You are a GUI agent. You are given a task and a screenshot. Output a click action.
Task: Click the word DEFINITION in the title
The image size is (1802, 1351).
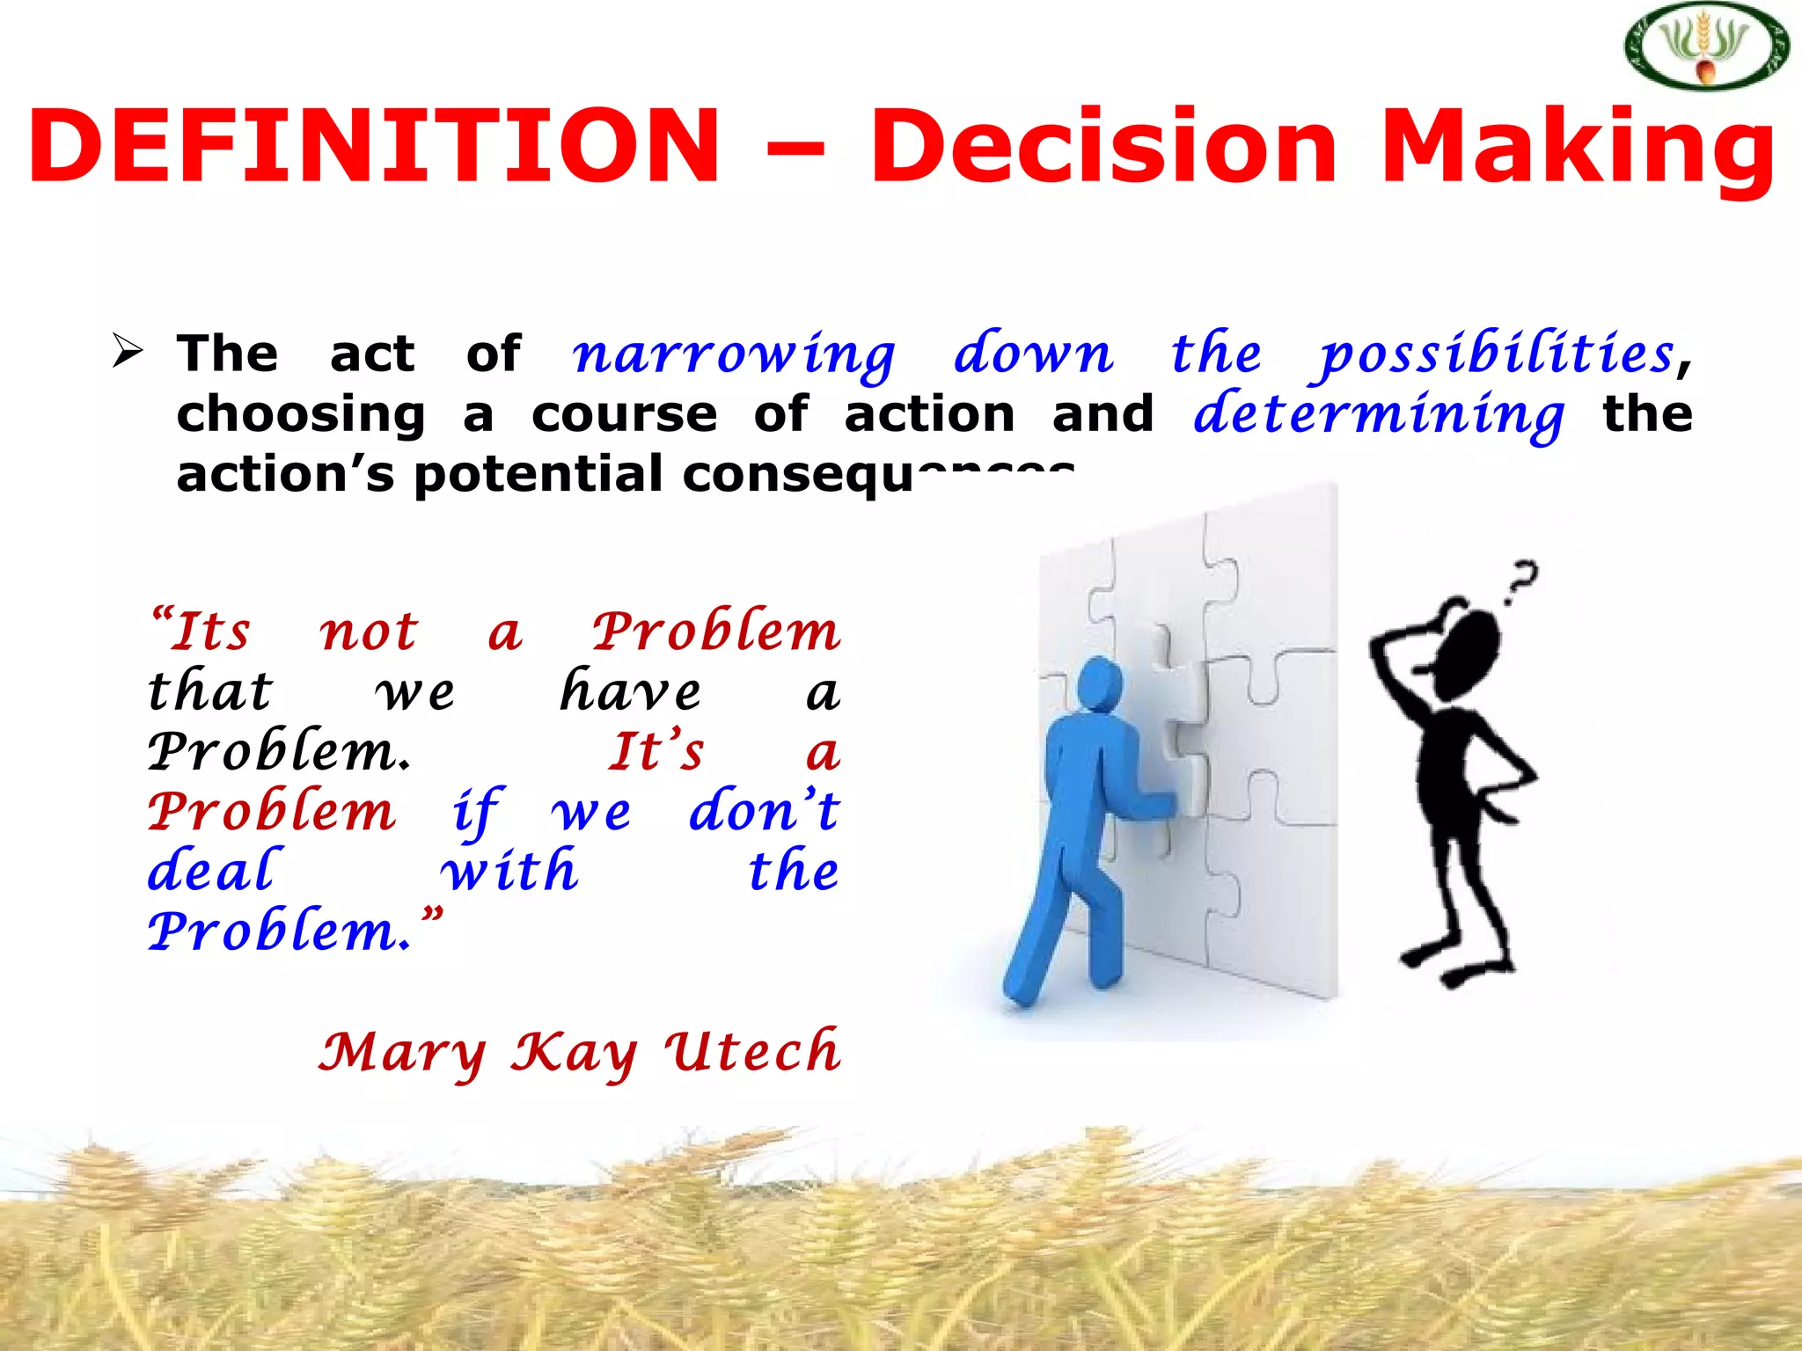374,146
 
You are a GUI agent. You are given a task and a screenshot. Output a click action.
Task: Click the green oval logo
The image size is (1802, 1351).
1706,47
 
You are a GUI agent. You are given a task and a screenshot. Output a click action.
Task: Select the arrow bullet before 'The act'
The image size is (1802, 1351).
128,353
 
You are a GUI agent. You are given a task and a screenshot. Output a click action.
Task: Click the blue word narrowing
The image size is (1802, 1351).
734,354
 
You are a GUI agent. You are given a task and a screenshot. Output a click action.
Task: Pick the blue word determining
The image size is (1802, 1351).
1379,414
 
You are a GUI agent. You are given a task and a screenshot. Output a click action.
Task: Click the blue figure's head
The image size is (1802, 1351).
1099,685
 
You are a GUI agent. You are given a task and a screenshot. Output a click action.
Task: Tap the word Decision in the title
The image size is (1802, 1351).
1104,146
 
